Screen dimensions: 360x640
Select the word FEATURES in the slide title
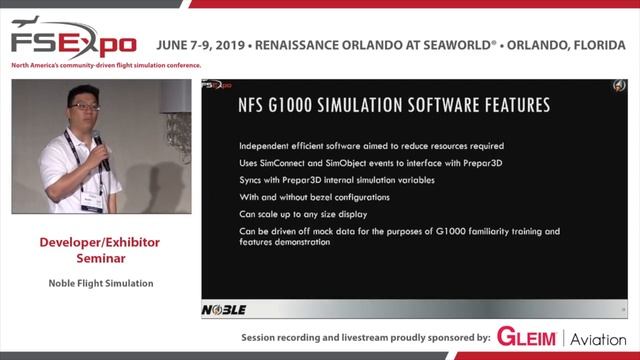point(501,105)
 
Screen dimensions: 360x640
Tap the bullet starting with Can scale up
point(303,214)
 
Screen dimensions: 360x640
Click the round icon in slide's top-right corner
point(617,86)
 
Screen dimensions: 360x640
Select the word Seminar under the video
point(100,258)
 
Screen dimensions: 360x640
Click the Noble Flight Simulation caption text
point(100,283)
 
